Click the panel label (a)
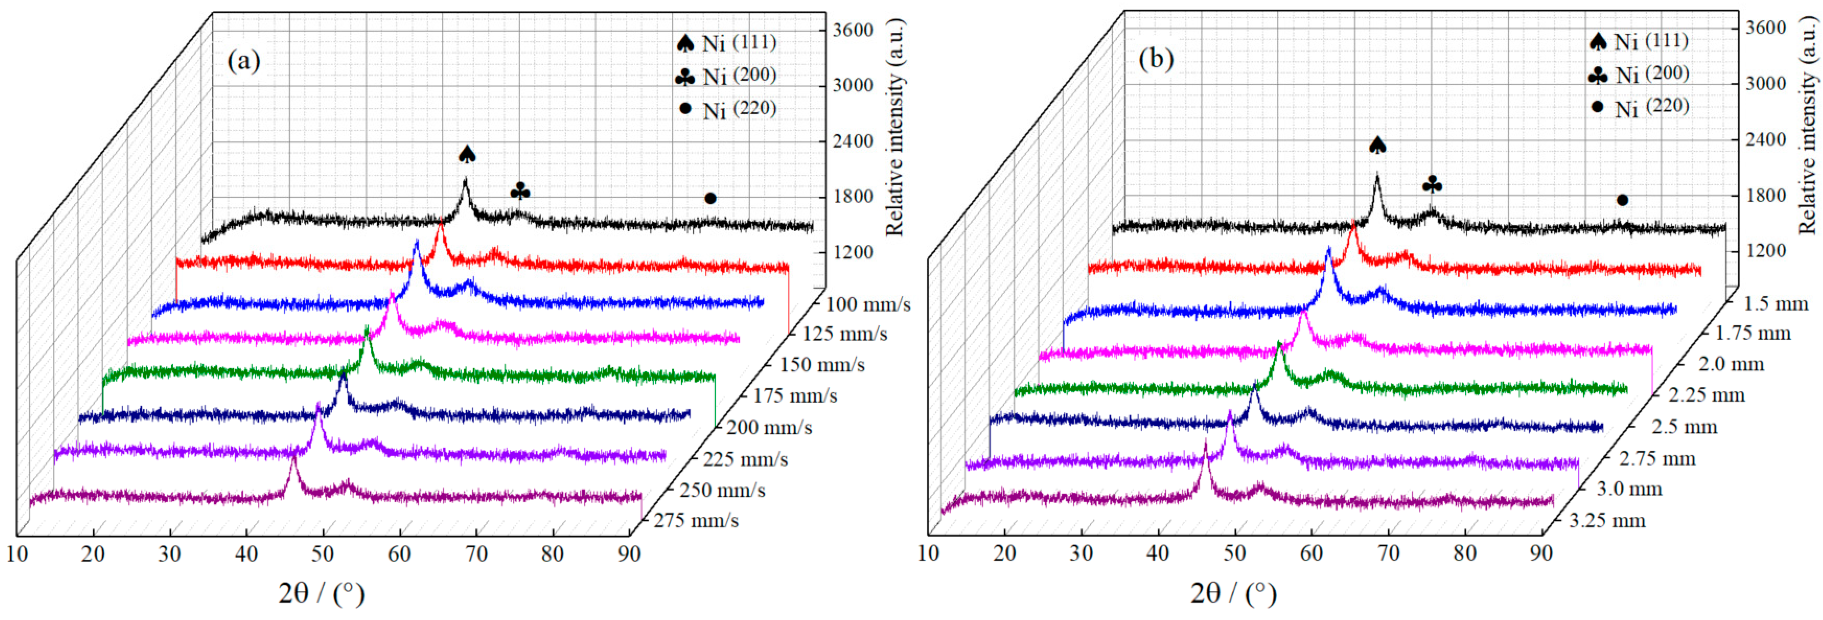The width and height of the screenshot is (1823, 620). (243, 61)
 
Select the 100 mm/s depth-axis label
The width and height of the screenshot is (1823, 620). (868, 305)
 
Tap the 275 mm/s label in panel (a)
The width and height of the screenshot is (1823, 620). (696, 521)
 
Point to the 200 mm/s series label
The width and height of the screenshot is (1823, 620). (769, 427)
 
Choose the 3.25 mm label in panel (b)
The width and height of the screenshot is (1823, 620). (1607, 521)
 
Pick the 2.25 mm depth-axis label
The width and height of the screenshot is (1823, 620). (1706, 395)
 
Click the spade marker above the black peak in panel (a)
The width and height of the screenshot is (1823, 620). (467, 155)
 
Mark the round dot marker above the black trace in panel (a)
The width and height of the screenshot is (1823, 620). (710, 199)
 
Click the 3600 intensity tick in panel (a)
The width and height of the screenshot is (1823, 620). (853, 31)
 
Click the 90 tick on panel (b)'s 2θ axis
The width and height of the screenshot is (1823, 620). (1542, 553)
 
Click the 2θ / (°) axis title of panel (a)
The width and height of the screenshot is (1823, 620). (321, 593)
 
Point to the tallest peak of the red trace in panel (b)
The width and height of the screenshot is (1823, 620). (1354, 225)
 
